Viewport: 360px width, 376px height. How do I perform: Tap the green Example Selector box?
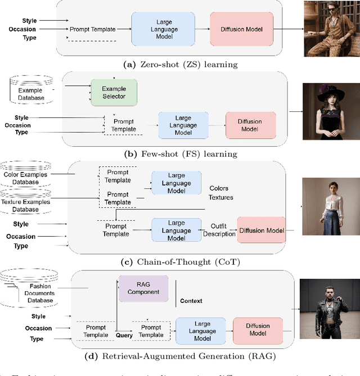[114, 93]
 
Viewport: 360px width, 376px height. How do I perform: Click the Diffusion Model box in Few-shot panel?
[251, 126]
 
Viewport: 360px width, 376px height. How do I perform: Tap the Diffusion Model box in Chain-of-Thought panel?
[262, 229]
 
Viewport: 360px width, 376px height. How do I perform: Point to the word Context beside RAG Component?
[191, 301]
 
